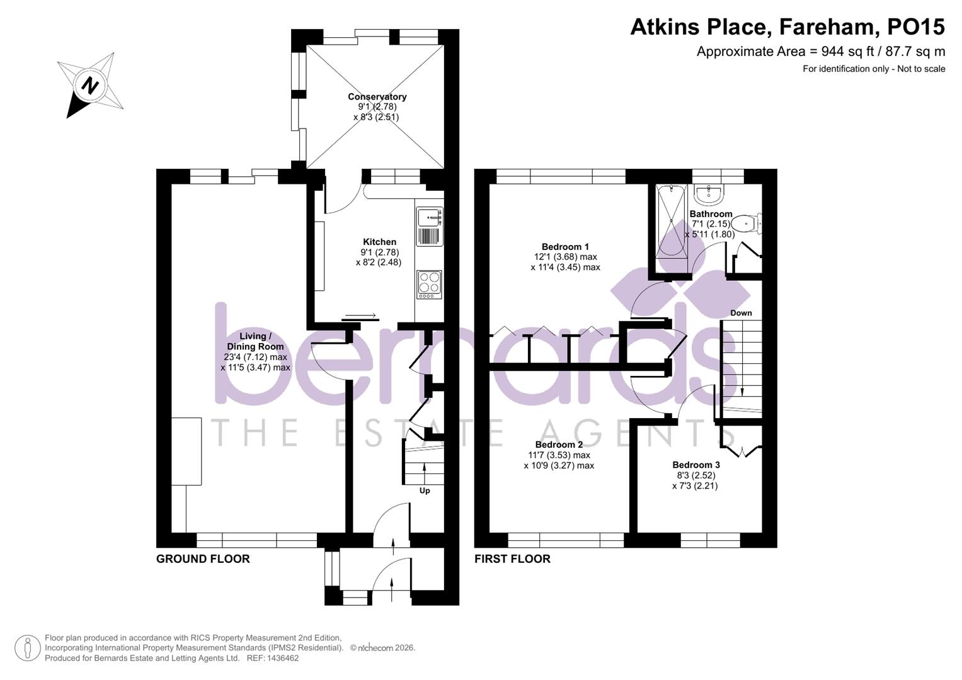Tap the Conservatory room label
(377, 97)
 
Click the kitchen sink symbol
(429, 218)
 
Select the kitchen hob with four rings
(429, 285)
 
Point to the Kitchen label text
(379, 242)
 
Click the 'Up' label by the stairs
(425, 490)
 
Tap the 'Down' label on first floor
(741, 313)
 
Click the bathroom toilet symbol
(747, 222)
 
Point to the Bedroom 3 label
(696, 465)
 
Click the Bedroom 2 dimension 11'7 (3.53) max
(559, 455)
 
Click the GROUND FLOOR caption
(203, 559)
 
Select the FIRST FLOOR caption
(512, 559)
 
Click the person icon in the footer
(27, 648)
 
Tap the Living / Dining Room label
(255, 341)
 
